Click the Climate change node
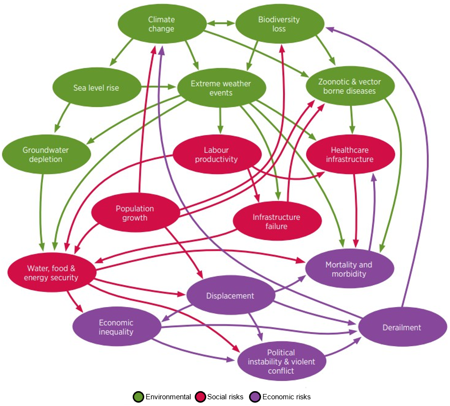pos(161,24)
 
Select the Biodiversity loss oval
pos(279,24)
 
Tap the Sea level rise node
pos(96,88)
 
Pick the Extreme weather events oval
pos(221,88)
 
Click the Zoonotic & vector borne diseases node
pos(350,86)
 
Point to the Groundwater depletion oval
pos(46,155)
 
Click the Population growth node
pos(135,213)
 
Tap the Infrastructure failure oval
pos(276,222)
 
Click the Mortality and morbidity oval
pos(349,269)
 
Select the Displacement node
pos(230,296)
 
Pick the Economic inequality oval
pos(116,327)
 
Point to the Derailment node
pos(401,327)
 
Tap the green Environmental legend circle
pos(138,397)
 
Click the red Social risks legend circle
pos(200,397)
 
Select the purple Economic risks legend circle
pos(255,397)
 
